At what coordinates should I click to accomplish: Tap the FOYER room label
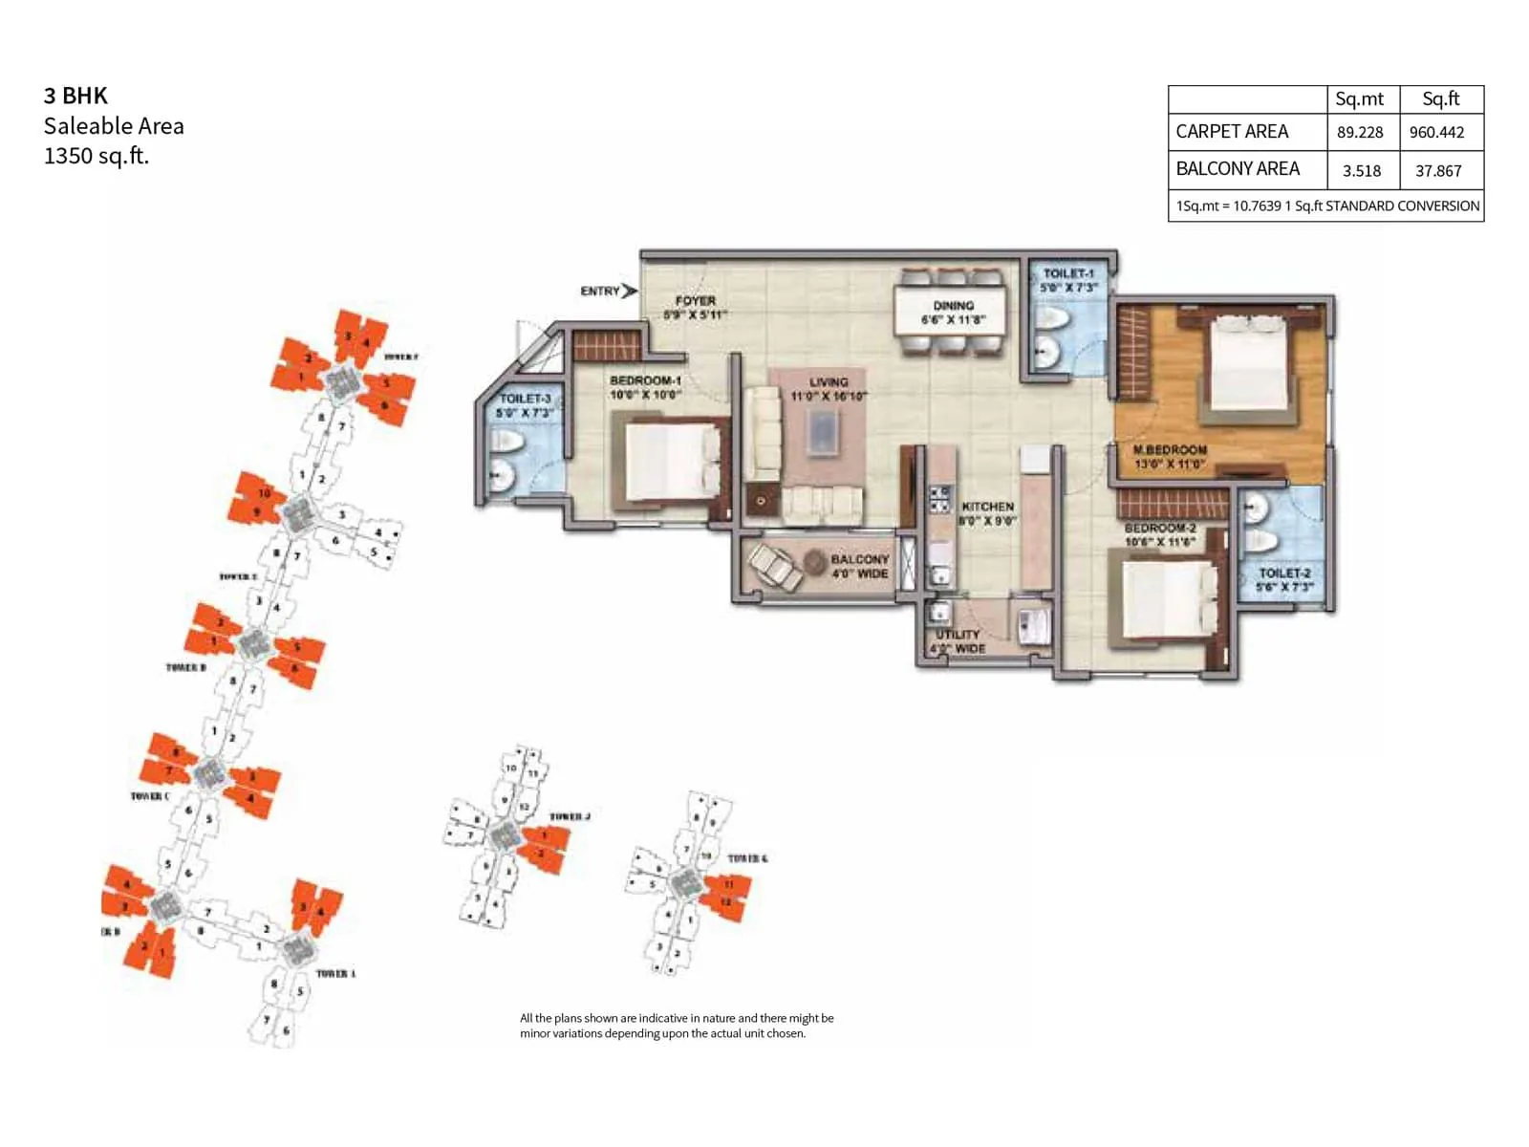695,301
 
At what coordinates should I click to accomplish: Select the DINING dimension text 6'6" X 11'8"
953,320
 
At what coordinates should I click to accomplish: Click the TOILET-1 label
1068,273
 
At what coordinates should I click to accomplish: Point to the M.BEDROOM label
1170,449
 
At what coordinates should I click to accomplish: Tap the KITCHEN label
987,507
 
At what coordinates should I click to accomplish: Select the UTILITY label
958,635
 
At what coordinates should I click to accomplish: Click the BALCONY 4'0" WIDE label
859,566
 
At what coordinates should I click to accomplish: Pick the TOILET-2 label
1284,573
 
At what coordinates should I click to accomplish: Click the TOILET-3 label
525,399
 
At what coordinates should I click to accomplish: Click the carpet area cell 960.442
1436,133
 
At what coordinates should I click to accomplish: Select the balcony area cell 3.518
1361,171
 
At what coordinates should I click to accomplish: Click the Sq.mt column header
1359,99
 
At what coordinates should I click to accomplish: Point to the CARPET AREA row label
1232,132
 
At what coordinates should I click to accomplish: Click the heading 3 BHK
75,96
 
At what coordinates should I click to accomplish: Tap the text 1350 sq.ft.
97,156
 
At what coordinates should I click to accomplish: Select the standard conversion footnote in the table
1326,206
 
